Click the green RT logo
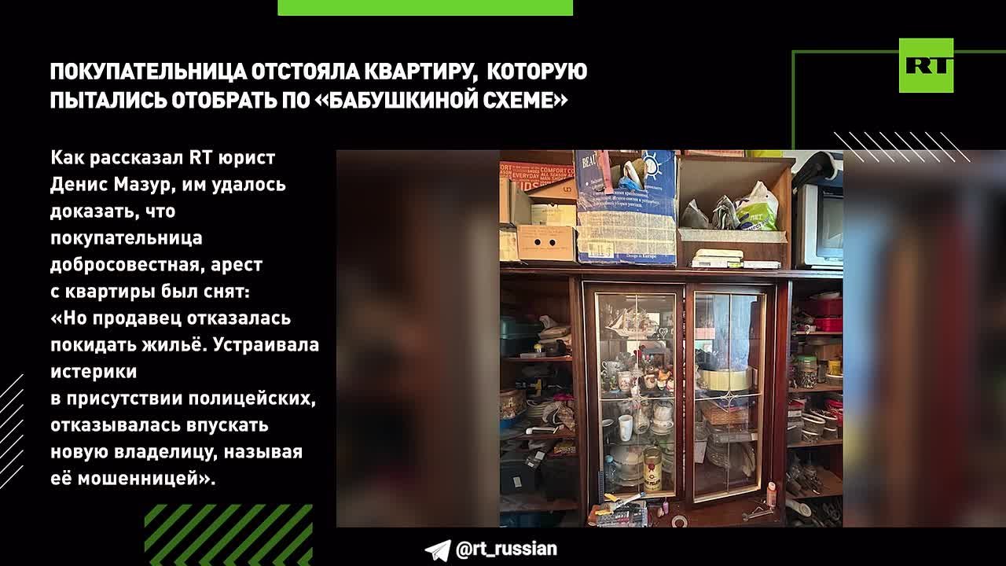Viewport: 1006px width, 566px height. (x=926, y=65)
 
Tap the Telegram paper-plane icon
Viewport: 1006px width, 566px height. (x=437, y=549)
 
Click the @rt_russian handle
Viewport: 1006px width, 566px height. (x=506, y=549)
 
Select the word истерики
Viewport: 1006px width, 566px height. (x=94, y=371)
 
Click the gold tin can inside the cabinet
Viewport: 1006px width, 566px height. (x=652, y=469)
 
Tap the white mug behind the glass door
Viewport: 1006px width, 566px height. (x=626, y=427)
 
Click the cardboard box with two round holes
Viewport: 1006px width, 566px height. (x=546, y=243)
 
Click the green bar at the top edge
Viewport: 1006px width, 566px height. (x=425, y=7)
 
